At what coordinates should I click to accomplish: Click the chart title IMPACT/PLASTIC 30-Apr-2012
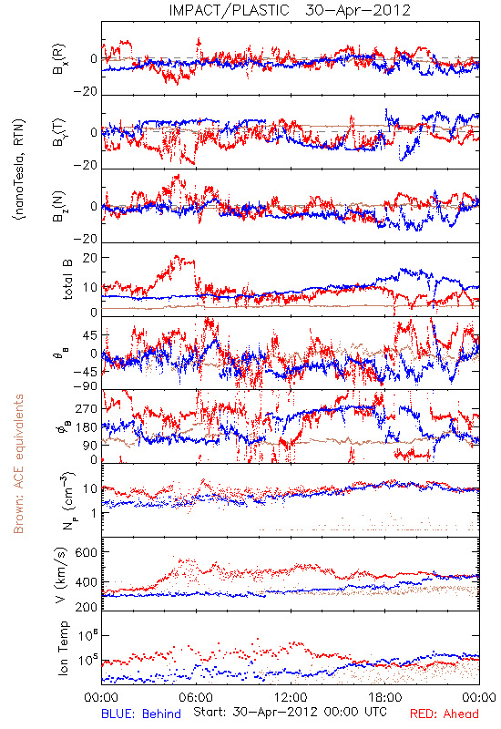[x=290, y=10]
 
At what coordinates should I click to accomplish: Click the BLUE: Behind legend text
[x=141, y=714]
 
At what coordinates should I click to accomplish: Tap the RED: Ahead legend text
[x=444, y=714]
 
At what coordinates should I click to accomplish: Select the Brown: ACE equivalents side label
[x=18, y=464]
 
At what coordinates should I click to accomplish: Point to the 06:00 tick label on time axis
[x=196, y=697]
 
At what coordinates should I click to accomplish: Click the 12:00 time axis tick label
[x=291, y=697]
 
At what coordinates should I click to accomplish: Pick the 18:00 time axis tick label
[x=385, y=697]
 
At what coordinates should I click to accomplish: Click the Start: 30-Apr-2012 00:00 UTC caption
[x=290, y=712]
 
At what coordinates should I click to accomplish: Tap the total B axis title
[x=67, y=280]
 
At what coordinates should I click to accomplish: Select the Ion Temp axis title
[x=64, y=648]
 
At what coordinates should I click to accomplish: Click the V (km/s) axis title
[x=62, y=575]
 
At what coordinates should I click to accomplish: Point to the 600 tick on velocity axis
[x=87, y=552]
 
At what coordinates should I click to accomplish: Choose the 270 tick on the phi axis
[x=87, y=408]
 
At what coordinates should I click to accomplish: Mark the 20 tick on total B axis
[x=90, y=258]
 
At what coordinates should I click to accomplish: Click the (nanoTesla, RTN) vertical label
[x=19, y=169]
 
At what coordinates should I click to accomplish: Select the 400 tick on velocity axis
[x=87, y=581]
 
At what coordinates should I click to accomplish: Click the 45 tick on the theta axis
[x=90, y=335]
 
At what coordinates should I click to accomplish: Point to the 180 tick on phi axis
[x=87, y=426]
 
